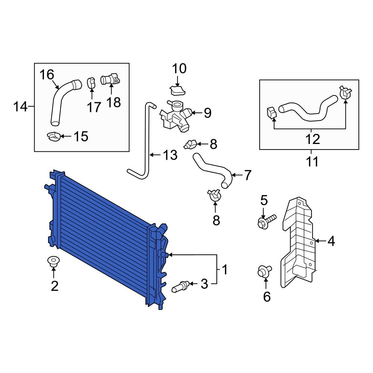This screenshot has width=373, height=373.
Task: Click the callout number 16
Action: pos(47,75)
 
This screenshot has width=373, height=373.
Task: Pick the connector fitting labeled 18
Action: pos(110,80)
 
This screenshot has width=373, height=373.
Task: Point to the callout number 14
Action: pos(21,107)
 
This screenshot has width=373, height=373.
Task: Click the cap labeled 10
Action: pos(178,90)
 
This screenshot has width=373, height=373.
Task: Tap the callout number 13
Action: pos(170,155)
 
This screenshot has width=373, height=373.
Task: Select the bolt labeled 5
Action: pos(265,221)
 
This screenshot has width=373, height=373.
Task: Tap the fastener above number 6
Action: pos(264,271)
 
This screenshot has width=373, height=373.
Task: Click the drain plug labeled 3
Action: pos(181,287)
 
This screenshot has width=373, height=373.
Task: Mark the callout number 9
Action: pos(207,112)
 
